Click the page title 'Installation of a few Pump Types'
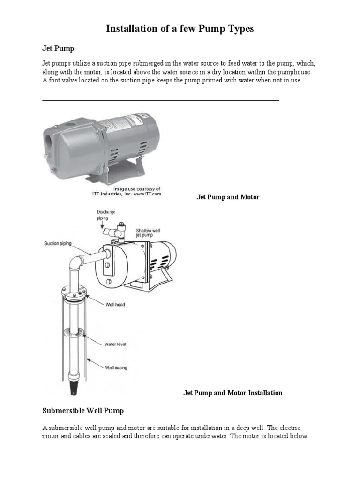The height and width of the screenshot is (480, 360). click(180, 29)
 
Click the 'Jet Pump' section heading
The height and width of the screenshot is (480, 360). click(58, 48)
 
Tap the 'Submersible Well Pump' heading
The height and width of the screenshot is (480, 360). click(83, 411)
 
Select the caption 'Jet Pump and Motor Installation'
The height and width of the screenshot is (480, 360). click(232, 393)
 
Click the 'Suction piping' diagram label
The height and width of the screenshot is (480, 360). click(58, 243)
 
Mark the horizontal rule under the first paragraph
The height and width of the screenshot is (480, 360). click(160, 100)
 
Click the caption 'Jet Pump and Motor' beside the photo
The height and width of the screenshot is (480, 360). click(227, 197)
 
